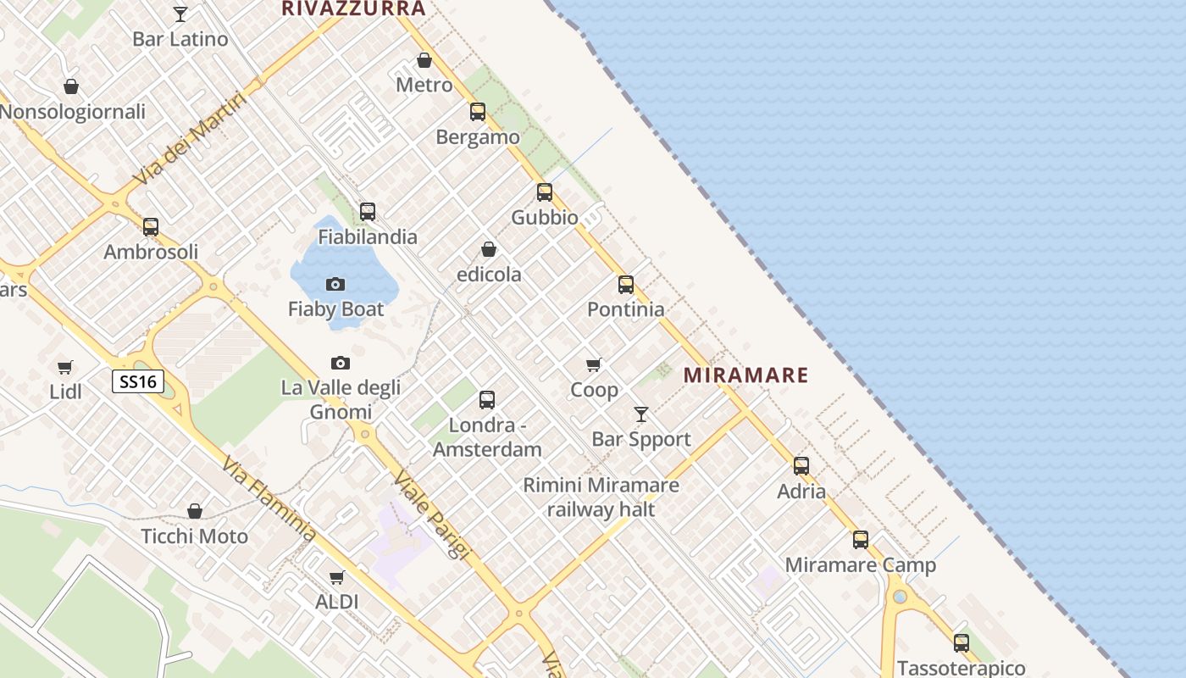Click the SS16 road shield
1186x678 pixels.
pyautogui.click(x=138, y=381)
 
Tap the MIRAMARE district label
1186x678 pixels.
pyautogui.click(x=745, y=375)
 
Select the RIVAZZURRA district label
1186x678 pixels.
pyautogui.click(x=353, y=8)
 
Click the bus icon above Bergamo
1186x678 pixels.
pyautogui.click(x=478, y=111)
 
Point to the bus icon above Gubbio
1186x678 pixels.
pyautogui.click(x=544, y=192)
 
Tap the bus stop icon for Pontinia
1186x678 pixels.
pyautogui.click(x=626, y=284)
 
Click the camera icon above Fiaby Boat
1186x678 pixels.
pyautogui.click(x=335, y=284)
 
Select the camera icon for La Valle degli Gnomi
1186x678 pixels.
pyautogui.click(x=340, y=363)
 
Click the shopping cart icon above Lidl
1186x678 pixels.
pyautogui.click(x=65, y=367)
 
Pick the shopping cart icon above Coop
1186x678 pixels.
pyautogui.click(x=594, y=364)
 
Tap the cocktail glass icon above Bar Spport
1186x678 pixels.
pyautogui.click(x=641, y=414)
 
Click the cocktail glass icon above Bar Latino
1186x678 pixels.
pyautogui.click(x=180, y=14)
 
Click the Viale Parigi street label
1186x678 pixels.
pyautogui.click(x=431, y=515)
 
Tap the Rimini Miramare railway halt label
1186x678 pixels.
pyautogui.click(x=601, y=497)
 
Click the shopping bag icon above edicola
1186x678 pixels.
pyautogui.click(x=489, y=249)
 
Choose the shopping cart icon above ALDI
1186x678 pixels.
pyautogui.click(x=337, y=577)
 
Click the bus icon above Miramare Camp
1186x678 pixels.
pyautogui.click(x=861, y=539)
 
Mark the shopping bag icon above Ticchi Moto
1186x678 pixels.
pyautogui.click(x=195, y=511)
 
